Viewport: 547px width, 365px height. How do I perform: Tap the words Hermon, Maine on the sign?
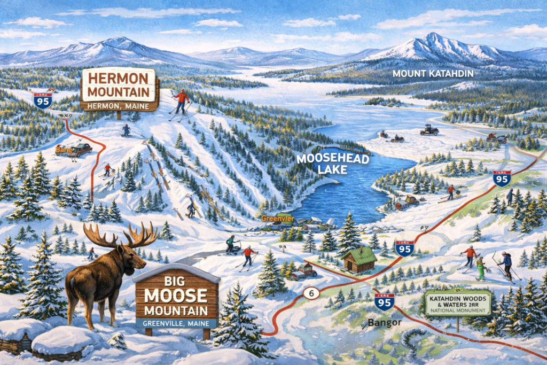click(120, 105)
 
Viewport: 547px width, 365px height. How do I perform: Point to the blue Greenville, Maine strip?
click(176, 323)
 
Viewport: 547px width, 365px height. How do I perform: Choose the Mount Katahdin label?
click(433, 74)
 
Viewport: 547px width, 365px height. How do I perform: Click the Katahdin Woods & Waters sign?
click(457, 302)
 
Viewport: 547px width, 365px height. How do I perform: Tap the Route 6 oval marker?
click(310, 293)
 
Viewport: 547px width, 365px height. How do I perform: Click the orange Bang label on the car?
click(63, 151)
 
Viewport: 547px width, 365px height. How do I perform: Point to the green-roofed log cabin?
click(359, 259)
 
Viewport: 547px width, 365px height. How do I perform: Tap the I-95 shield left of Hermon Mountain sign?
click(43, 99)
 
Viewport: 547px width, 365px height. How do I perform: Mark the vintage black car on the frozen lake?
click(429, 129)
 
